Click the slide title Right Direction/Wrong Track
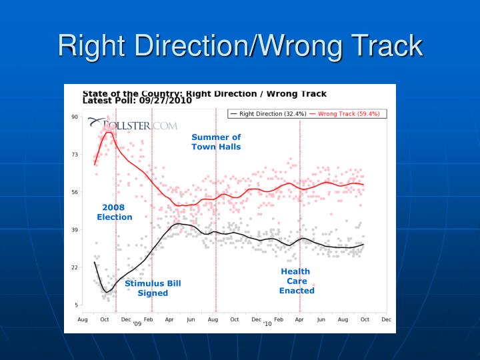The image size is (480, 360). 240,46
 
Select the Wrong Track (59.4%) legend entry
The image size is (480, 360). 345,114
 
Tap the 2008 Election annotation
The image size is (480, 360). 114,212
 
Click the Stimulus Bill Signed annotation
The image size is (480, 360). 153,288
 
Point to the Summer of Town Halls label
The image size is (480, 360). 216,142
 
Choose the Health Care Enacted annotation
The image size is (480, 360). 296,281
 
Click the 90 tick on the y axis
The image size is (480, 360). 75,117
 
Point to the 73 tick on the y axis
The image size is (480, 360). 75,155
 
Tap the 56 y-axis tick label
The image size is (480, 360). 75,192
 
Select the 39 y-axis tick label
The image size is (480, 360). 75,230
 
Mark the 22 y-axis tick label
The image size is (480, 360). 75,267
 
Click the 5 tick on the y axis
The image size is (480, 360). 77,305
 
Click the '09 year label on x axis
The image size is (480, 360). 137,324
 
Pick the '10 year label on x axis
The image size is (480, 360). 267,324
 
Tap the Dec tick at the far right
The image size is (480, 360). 385,319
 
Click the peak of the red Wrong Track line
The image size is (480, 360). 108,133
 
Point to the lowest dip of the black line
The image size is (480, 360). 106,292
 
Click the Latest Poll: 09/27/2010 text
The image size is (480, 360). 137,101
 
